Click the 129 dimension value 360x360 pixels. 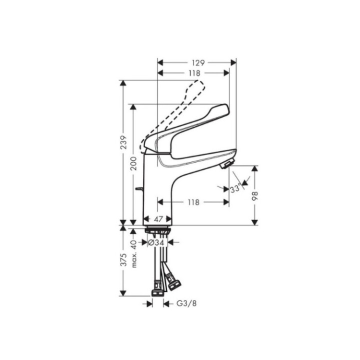pyautogui.click(x=198, y=63)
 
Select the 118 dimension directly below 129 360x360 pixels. pyautogui.click(x=194, y=73)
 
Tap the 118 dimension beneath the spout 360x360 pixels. pyautogui.click(x=193, y=202)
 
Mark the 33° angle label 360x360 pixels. pyautogui.click(x=235, y=189)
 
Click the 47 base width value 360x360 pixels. pyautogui.click(x=158, y=219)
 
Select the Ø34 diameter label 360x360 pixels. pyautogui.click(x=156, y=242)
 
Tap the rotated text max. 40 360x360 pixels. pyautogui.click(x=133, y=253)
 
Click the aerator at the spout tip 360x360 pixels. pyautogui.click(x=226, y=165)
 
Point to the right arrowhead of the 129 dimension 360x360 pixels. pyautogui.click(x=233, y=63)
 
